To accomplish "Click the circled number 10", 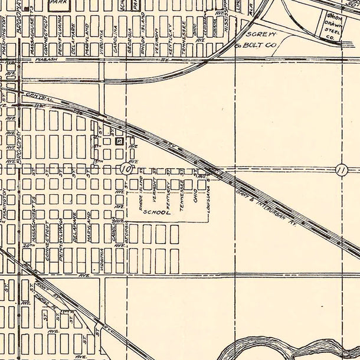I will (125, 169).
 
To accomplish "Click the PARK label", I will (57, 2).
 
